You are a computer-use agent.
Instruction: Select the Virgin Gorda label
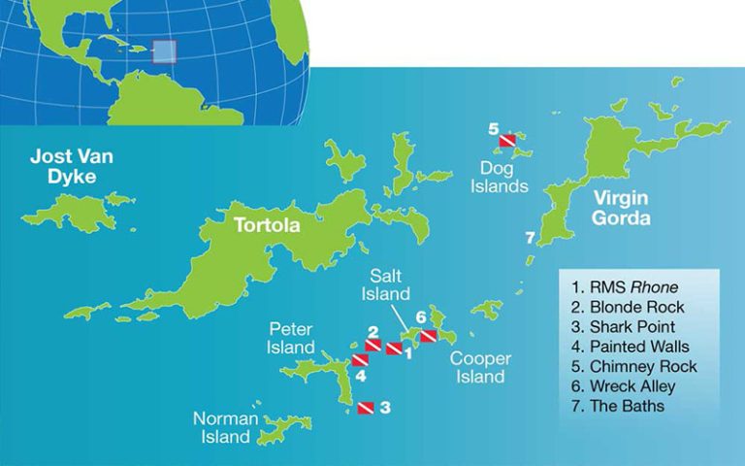pyautogui.click(x=616, y=208)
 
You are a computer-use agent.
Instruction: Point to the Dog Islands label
pyautogui.click(x=500, y=177)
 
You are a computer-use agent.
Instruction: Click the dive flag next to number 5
pyautogui.click(x=507, y=142)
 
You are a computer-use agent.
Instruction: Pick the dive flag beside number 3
pyautogui.click(x=366, y=408)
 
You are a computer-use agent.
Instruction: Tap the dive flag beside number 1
pyautogui.click(x=394, y=349)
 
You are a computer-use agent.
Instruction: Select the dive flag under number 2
pyautogui.click(x=372, y=345)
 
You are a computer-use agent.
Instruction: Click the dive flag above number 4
pyautogui.click(x=360, y=360)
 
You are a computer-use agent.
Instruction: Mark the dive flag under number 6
pyautogui.click(x=428, y=335)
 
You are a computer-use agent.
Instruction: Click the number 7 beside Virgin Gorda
pyautogui.click(x=529, y=238)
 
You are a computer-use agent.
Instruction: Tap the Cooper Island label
pyautogui.click(x=480, y=367)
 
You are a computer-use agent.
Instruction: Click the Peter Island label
pyautogui.click(x=291, y=339)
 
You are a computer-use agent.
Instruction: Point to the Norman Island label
pyautogui.click(x=226, y=427)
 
